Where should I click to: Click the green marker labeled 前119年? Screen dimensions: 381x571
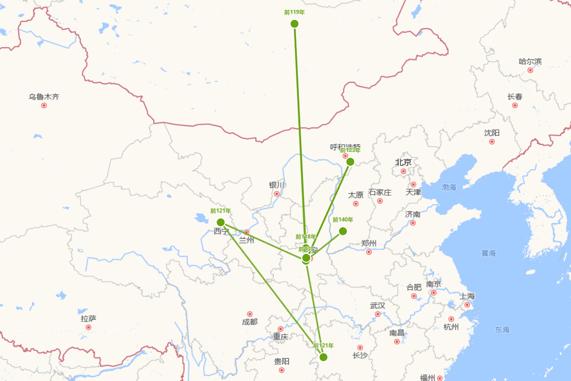click(295, 24)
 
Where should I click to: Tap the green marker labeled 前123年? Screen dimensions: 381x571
click(350, 162)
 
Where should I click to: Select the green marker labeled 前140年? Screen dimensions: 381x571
click(343, 231)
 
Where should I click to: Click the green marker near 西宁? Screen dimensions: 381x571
click(221, 222)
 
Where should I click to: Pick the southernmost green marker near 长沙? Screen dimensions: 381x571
click(324, 357)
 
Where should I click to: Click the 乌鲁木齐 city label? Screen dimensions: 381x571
click(44, 97)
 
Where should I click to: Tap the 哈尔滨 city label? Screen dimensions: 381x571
click(530, 61)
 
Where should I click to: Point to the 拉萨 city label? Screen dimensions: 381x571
click(89, 319)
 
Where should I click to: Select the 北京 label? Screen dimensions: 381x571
click(403, 162)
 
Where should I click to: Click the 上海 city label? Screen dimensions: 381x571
click(467, 296)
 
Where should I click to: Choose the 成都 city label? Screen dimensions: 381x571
click(249, 322)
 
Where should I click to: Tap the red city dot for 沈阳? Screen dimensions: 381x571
click(492, 141)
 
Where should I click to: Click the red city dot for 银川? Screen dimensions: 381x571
click(276, 194)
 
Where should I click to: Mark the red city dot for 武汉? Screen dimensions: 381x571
click(377, 314)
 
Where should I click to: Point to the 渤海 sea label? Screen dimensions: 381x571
click(449, 188)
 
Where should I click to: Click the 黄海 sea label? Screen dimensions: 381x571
click(488, 253)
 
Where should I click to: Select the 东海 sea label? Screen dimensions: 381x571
click(502, 329)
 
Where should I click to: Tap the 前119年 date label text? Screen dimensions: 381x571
click(294, 12)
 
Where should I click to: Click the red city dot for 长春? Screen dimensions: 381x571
click(515, 105)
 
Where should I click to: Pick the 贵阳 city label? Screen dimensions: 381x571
click(282, 361)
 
